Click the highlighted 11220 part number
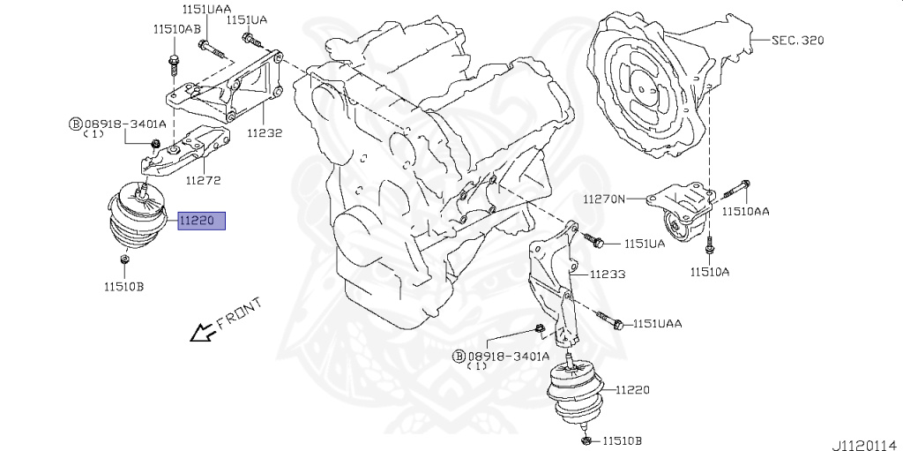point(202,221)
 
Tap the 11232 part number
point(264,133)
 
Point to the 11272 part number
point(202,180)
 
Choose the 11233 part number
point(608,274)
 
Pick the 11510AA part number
point(746,212)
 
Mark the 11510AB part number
point(176,28)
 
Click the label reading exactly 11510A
point(710,272)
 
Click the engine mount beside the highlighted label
point(138,221)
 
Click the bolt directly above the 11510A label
point(710,249)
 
